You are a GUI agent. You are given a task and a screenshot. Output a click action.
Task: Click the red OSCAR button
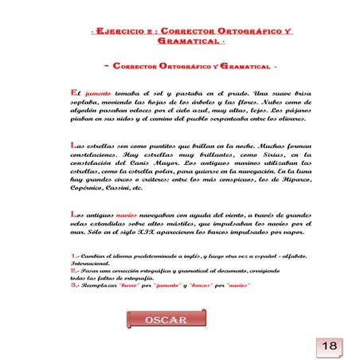[165, 319]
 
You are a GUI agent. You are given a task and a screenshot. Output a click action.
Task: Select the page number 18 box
[330, 345]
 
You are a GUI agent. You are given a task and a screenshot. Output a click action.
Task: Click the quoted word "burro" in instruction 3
[128, 284]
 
